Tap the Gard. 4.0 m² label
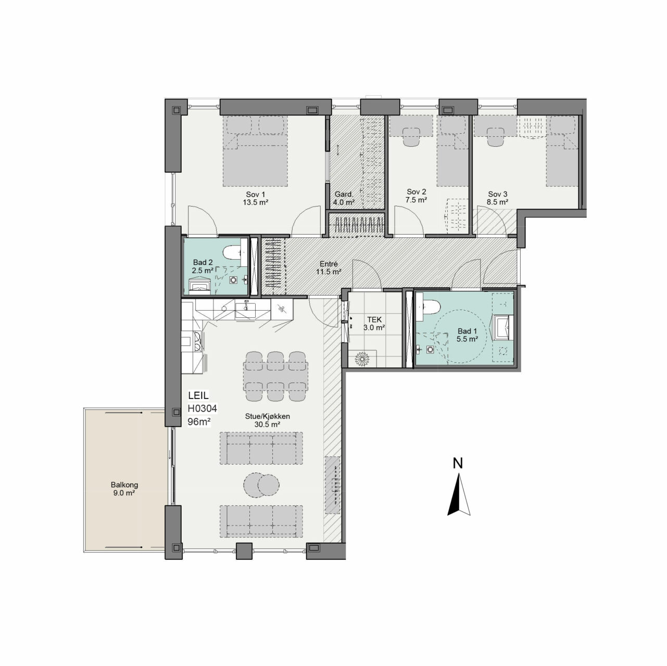point(343,199)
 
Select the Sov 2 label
point(416,196)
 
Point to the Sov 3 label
point(497,198)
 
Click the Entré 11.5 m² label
point(329,268)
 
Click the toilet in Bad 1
point(429,307)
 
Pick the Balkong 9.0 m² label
point(124,489)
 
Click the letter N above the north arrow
point(458,463)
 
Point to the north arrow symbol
point(459,495)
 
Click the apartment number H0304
point(202,408)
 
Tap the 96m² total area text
point(199,422)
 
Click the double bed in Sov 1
point(255,151)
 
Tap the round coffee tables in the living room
point(261,485)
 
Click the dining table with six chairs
point(275,376)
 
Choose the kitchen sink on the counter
point(245,309)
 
